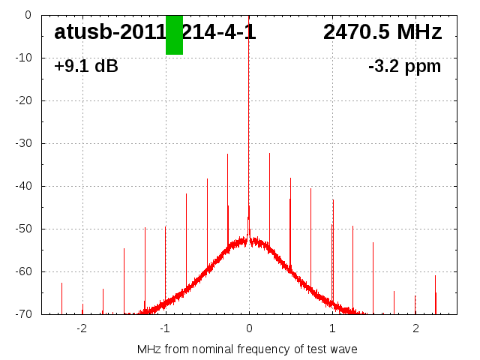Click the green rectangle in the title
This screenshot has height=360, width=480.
coord(174,34)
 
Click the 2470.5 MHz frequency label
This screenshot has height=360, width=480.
coord(382,32)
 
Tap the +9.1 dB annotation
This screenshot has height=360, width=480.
coord(86,67)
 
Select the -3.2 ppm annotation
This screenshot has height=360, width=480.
coord(405,67)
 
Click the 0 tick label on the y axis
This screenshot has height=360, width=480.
coord(27,15)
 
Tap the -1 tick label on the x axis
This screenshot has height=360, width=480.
coord(164,328)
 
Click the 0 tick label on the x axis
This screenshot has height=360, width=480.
coord(249,328)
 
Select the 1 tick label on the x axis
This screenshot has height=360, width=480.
coord(332,328)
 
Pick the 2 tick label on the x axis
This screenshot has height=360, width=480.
coord(415,328)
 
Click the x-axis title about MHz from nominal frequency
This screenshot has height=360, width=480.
coord(247,349)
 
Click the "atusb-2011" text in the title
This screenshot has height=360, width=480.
coord(109,32)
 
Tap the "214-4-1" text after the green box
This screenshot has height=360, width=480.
coord(220,32)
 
